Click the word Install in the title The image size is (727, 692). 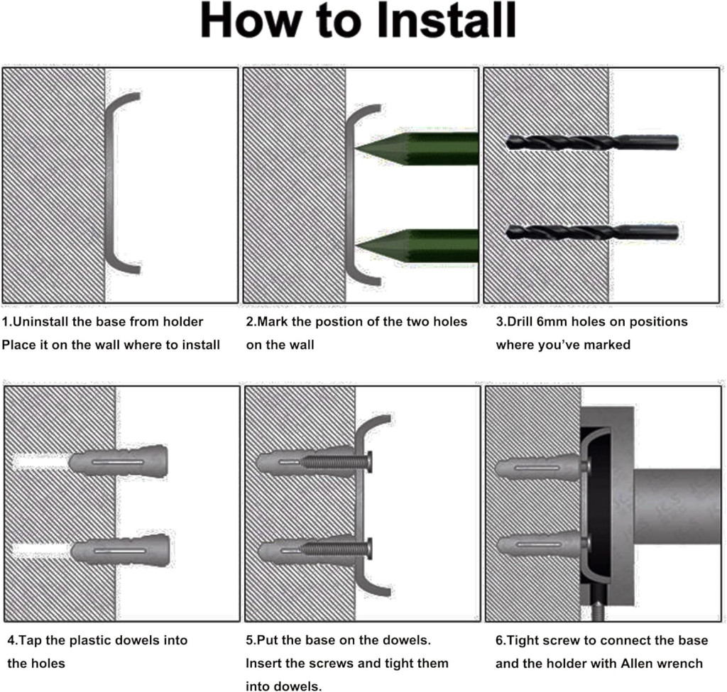tap(446, 21)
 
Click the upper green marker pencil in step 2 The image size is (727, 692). tap(416, 148)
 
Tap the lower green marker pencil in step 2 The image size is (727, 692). tap(416, 246)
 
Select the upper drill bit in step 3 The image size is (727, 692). tap(592, 142)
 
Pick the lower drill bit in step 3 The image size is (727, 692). tap(592, 232)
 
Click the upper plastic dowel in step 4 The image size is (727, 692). tap(119, 461)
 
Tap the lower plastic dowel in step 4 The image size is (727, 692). tap(120, 550)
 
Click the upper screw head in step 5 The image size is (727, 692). tap(369, 462)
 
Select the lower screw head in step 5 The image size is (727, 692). tap(369, 549)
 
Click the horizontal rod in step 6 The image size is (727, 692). tap(677, 507)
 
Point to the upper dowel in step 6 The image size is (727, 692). tap(538, 467)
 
